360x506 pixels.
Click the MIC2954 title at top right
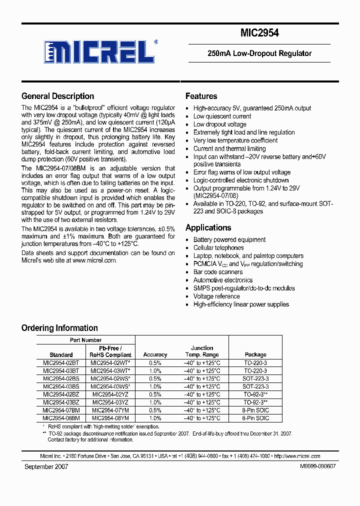[259, 33]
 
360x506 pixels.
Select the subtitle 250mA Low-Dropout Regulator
[259, 53]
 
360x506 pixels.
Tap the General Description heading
[57, 96]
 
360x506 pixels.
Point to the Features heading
[201, 96]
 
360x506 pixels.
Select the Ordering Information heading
[59, 328]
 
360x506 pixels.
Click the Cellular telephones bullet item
[218, 247]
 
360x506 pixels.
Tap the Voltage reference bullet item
[216, 296]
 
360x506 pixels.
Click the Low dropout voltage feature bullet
[219, 124]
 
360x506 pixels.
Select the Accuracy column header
[155, 354]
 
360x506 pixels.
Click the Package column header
[255, 354]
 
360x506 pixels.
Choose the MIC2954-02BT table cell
[61, 362]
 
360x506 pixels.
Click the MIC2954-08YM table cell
[110, 418]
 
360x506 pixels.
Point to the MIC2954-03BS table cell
[61, 386]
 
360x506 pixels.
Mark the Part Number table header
[85, 340]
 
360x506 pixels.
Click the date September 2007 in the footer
[46, 466]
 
